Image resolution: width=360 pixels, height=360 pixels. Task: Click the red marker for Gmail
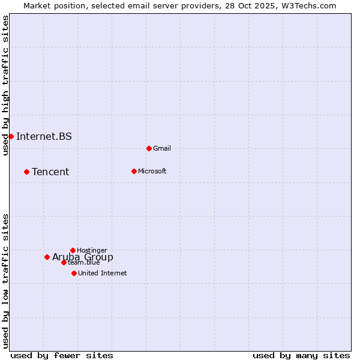tap(149, 148)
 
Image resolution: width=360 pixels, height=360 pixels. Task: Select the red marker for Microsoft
tap(134, 171)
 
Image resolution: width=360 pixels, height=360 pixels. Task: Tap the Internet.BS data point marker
tap(11, 136)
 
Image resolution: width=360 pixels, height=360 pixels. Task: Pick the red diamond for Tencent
tap(26, 172)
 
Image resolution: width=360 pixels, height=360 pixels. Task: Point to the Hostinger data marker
tap(73, 250)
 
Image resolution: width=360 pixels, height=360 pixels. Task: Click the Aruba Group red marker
tap(47, 257)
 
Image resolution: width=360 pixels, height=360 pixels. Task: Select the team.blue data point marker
tap(64, 262)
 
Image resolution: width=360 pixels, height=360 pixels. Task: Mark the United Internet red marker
tap(74, 273)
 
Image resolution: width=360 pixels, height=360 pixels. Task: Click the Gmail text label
tap(162, 148)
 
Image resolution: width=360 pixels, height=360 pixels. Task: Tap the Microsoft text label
tap(152, 171)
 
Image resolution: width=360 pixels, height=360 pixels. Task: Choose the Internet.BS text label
tap(44, 136)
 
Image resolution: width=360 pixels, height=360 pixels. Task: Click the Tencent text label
tap(50, 172)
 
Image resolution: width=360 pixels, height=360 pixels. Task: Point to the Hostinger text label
tap(92, 250)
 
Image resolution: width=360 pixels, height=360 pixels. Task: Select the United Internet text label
tap(103, 273)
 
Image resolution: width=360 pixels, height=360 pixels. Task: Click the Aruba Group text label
tap(83, 257)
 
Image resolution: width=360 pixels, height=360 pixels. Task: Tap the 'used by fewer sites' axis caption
tap(62, 355)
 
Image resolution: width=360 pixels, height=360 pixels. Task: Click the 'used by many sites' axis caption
tap(301, 355)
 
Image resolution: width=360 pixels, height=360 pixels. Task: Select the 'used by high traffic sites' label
tap(5, 85)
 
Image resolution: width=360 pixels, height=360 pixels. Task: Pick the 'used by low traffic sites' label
tap(5, 281)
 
